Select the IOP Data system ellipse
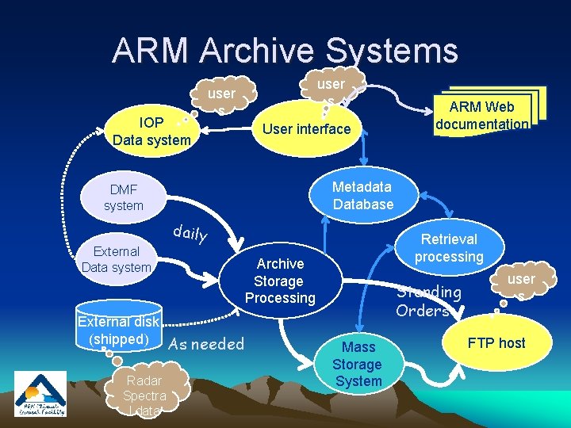(x=151, y=132)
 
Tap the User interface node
(x=306, y=128)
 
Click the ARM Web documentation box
(x=483, y=116)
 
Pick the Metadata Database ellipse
(x=362, y=195)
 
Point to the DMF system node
(x=124, y=197)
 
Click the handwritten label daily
(x=190, y=233)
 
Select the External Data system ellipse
(x=116, y=259)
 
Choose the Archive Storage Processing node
(x=280, y=281)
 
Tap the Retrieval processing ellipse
(x=449, y=248)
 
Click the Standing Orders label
(x=428, y=301)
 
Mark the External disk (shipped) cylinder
(x=119, y=331)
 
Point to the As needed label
(x=206, y=344)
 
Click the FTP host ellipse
(x=496, y=343)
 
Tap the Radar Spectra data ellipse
(x=144, y=395)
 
